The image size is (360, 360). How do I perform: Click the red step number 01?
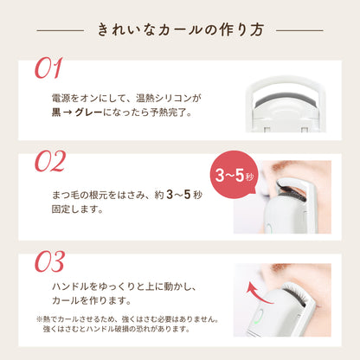coord(48,68)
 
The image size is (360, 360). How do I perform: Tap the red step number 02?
coord(50,161)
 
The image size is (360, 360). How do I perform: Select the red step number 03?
coord(49,261)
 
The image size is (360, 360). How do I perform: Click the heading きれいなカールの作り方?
coord(181,30)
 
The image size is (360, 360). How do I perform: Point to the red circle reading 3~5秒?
coord(234,175)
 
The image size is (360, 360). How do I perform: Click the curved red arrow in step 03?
coord(258,292)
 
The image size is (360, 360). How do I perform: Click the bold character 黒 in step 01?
coord(56,112)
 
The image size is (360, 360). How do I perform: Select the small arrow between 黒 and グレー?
coord(67,112)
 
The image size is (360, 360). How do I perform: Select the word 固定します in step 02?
coord(77,209)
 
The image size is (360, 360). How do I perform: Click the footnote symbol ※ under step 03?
coord(39,319)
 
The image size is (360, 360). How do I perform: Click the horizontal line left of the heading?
coord(61,30)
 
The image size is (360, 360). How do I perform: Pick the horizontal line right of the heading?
coord(299,30)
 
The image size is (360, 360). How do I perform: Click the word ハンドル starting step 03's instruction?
coord(70,286)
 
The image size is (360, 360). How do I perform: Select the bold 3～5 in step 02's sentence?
coord(178,195)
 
